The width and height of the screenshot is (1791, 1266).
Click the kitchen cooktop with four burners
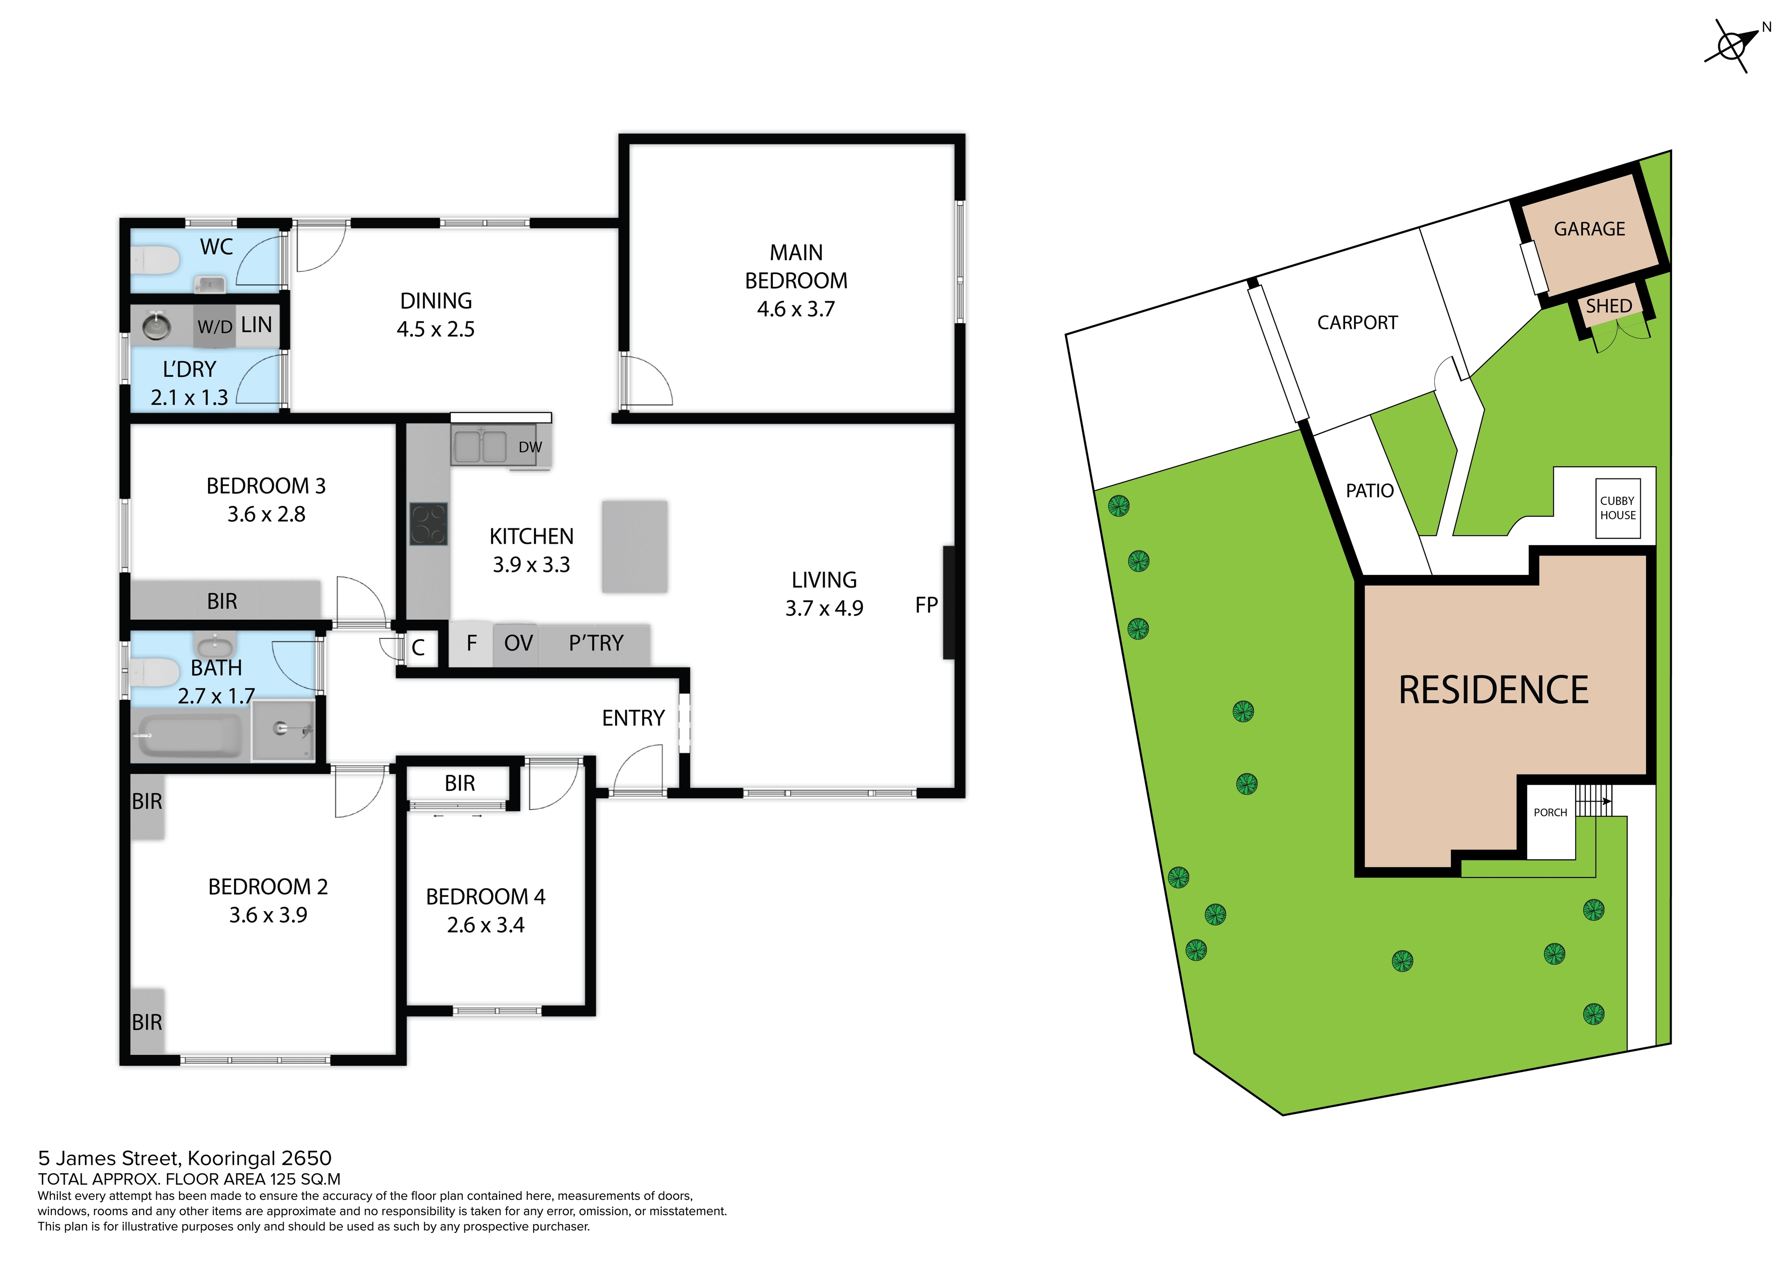click(x=428, y=524)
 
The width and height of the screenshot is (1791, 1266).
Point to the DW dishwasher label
click(x=530, y=447)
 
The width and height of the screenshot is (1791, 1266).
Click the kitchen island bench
click(x=634, y=547)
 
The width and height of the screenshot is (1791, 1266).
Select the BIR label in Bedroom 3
click(x=222, y=602)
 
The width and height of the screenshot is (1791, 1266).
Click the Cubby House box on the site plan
click(x=1618, y=509)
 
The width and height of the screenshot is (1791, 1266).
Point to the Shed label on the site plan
click(x=1609, y=306)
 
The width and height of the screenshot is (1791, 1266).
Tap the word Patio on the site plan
click(x=1370, y=491)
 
